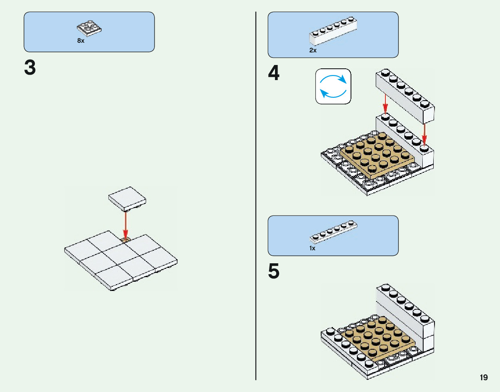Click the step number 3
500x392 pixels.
pyautogui.click(x=30, y=68)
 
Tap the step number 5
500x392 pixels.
pyautogui.click(x=273, y=271)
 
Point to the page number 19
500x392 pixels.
pyautogui.click(x=484, y=378)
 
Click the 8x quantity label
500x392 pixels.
pyautogui.click(x=81, y=41)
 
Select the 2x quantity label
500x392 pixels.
pyautogui.click(x=313, y=50)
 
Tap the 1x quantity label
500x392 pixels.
pyautogui.click(x=312, y=248)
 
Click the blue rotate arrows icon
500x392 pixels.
pyautogui.click(x=333, y=86)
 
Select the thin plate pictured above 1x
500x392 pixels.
pyautogui.click(x=334, y=231)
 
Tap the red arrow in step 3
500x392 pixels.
pyautogui.click(x=125, y=224)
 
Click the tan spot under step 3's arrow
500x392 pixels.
pyautogui.click(x=125, y=240)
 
